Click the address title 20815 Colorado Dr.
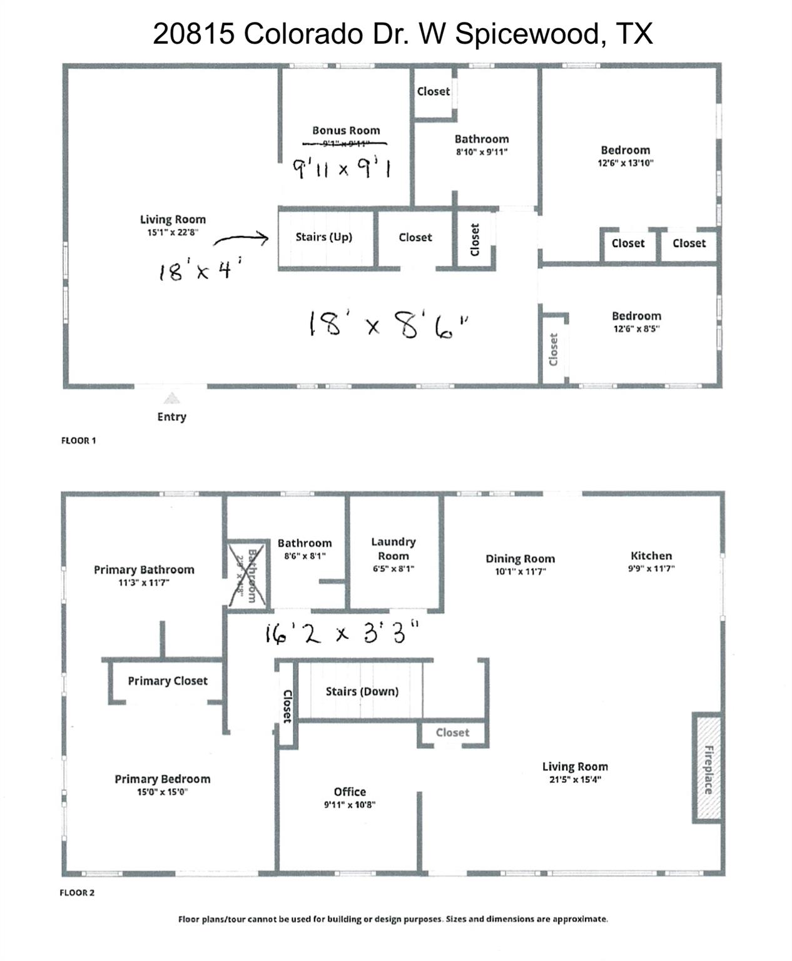coord(402,33)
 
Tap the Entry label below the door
coord(171,417)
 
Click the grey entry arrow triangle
coord(171,399)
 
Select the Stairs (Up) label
coord(323,237)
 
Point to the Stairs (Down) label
coord(362,691)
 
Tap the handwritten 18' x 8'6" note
coord(388,325)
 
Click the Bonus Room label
coord(346,130)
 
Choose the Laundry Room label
coord(393,549)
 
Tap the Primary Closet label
coord(167,681)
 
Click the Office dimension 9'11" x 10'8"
coord(349,805)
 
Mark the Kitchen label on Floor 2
coord(651,556)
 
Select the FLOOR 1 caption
coord(78,440)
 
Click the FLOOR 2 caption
coord(77,893)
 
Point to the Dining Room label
coord(520,559)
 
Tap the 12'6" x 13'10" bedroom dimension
coord(625,163)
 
